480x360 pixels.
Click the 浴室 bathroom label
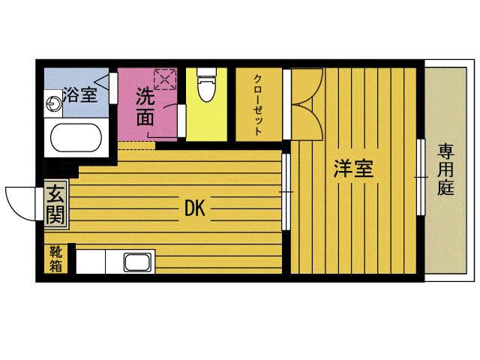(79, 95)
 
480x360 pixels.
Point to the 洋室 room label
(353, 168)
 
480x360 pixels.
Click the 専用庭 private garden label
(446, 169)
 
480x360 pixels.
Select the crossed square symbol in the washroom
(164, 78)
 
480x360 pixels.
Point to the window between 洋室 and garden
(421, 176)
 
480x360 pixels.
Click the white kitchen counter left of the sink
(90, 262)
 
